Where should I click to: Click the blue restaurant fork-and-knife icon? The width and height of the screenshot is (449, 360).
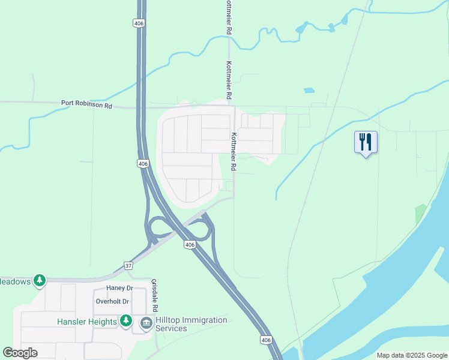click(x=366, y=142)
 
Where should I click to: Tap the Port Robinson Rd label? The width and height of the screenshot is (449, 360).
click(x=86, y=103)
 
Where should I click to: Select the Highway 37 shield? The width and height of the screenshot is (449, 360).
click(x=128, y=265)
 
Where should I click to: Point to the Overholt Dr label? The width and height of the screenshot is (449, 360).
click(x=112, y=302)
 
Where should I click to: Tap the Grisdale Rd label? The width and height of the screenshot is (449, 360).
click(x=154, y=295)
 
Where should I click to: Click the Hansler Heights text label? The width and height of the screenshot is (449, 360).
click(x=87, y=322)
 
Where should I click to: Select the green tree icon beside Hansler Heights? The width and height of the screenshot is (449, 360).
click(x=125, y=321)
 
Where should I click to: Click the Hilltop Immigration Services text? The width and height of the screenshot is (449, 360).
click(x=191, y=324)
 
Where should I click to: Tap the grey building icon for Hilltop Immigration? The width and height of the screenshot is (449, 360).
click(x=146, y=323)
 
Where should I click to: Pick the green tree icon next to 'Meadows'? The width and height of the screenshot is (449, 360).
click(x=40, y=280)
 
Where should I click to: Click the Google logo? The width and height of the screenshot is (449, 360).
click(x=20, y=353)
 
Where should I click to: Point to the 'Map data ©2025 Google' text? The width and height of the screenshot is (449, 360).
click(x=412, y=355)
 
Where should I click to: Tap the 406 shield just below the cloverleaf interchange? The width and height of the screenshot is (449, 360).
click(x=190, y=245)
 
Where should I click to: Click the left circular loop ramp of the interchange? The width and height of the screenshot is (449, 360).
click(x=159, y=227)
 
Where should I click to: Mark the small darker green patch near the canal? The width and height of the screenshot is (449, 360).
click(x=420, y=214)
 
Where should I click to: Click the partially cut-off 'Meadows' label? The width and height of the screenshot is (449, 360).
click(x=14, y=281)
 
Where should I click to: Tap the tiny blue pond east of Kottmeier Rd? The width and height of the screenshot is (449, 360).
click(x=309, y=91)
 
